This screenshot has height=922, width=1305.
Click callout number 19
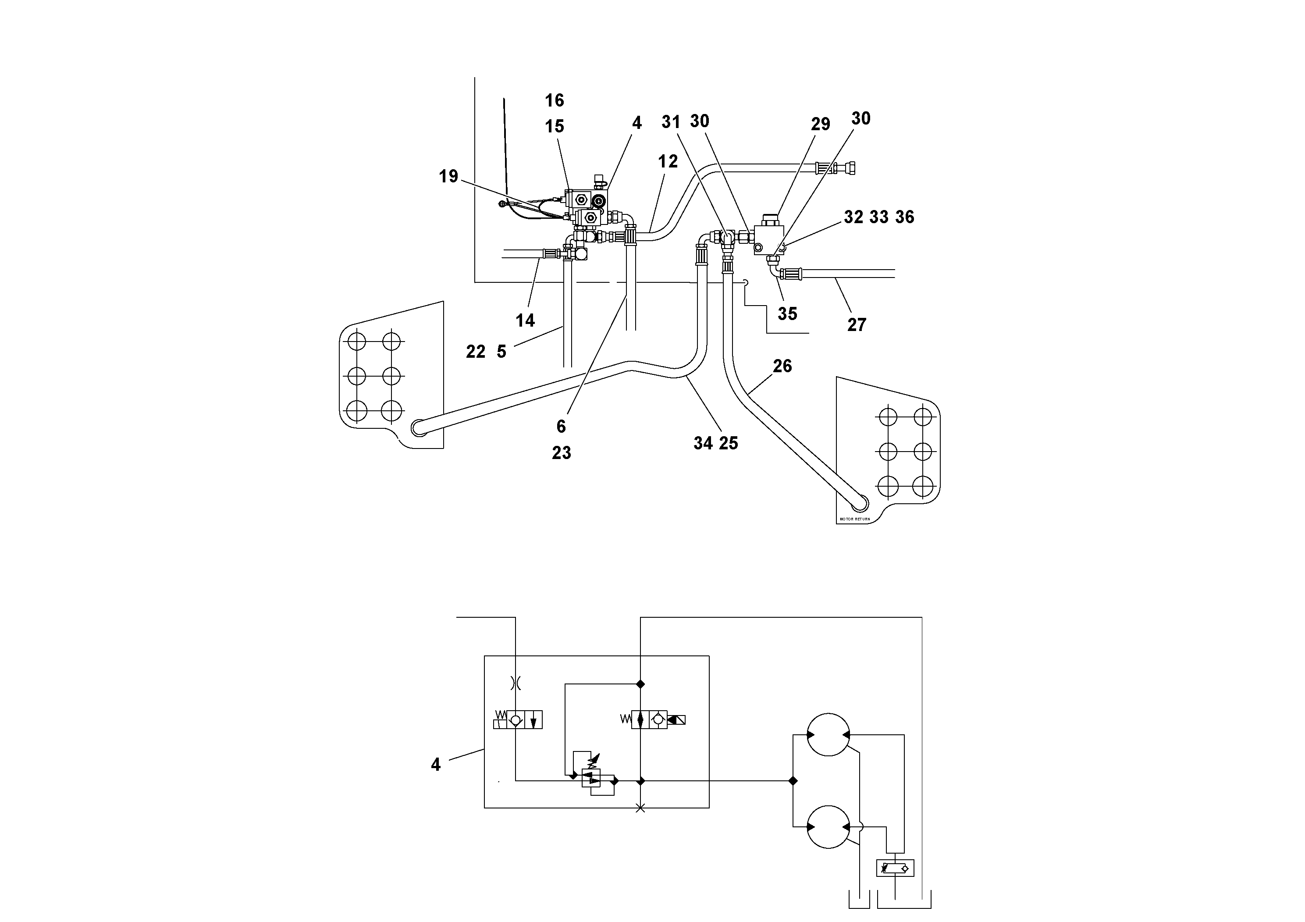[x=448, y=176]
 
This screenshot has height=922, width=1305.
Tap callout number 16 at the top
[x=554, y=100]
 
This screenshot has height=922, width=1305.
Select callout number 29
[x=820, y=124]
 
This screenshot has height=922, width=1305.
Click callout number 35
[x=787, y=314]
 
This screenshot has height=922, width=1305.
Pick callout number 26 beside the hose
[x=782, y=366]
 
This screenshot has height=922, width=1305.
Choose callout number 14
[x=525, y=320]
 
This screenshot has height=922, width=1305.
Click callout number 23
[x=561, y=453]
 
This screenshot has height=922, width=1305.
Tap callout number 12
[x=668, y=162]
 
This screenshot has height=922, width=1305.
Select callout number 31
[x=671, y=121]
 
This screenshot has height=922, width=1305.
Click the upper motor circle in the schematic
[x=828, y=734]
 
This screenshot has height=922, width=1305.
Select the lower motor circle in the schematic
[x=828, y=826]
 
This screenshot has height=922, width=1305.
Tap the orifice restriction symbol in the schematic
[x=516, y=683]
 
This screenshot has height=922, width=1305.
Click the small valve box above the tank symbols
[x=895, y=868]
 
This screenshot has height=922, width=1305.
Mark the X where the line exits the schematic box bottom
[x=640, y=808]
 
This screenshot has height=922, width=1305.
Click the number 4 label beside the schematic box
[x=436, y=765]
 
